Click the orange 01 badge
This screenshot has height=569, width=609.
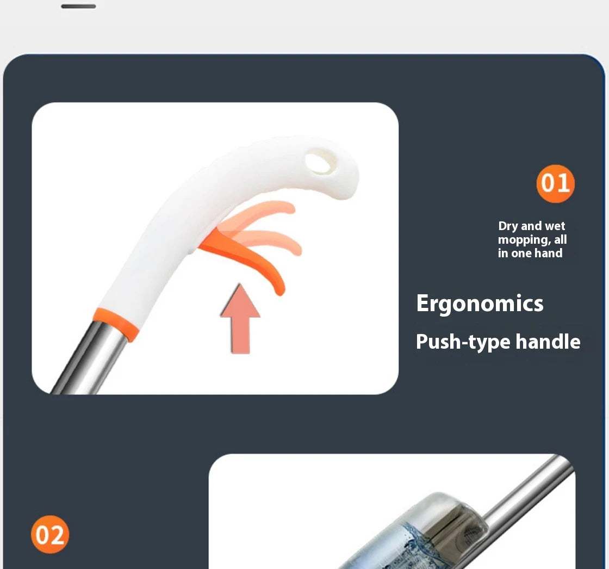[555, 183]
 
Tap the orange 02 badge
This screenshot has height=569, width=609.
[50, 534]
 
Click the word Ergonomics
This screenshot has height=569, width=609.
[480, 304]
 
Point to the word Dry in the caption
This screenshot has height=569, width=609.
[508, 226]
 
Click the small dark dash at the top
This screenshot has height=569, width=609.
[78, 7]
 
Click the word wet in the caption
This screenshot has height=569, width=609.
[555, 226]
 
